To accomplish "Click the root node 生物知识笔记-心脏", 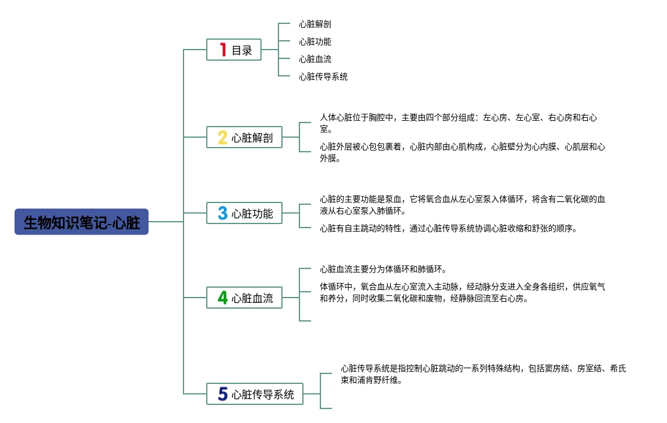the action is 82,222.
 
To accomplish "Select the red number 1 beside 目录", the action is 223,50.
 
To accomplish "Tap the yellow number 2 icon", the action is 223,138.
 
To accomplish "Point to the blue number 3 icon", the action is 223,213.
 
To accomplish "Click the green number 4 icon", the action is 223,298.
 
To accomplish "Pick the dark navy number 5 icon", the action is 223,394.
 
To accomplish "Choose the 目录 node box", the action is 234,50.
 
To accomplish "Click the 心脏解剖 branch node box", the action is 245,138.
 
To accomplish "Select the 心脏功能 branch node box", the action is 245,213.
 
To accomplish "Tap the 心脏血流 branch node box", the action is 245,298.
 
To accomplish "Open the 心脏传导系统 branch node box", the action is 255,394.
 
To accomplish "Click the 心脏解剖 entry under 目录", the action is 315,24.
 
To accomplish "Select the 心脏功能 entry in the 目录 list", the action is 315,41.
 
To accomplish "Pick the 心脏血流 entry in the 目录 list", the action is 315,59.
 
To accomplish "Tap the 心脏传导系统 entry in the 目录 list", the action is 323,76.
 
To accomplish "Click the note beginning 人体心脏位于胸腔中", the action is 458,123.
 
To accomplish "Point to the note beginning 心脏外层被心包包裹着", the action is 462,152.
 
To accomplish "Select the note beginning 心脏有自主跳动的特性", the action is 448,228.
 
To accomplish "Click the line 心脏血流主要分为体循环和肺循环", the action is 383,269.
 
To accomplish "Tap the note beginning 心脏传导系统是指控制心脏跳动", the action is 484,374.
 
